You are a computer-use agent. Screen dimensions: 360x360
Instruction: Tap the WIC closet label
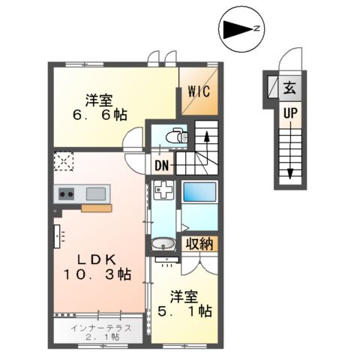coord(199,91)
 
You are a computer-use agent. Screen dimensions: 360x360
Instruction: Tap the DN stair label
coord(162,166)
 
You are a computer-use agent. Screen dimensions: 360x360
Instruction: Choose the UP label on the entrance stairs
coord(289,113)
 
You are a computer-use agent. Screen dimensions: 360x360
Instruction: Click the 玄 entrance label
coord(289,88)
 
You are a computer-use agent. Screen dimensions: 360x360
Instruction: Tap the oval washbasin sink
coord(163,244)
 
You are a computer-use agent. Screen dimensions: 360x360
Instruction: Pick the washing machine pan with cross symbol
coord(161,191)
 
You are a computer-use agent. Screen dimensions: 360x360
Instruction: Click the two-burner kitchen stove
coord(64,194)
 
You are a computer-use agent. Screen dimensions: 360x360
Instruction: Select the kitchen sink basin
coord(95,194)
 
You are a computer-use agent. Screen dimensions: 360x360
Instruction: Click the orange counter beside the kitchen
coord(96,209)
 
